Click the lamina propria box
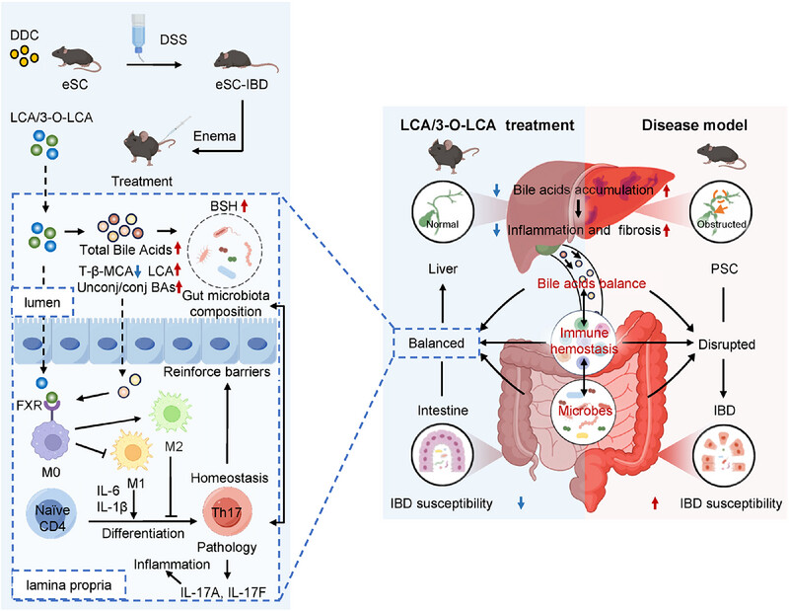pyautogui.click(x=56, y=587)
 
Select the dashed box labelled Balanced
pyautogui.click(x=429, y=342)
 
